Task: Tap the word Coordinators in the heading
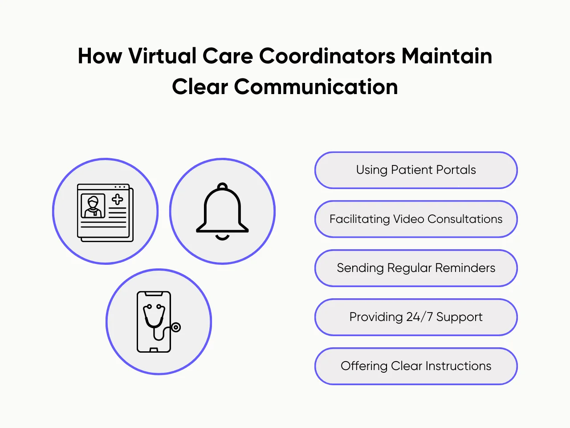[x=327, y=56]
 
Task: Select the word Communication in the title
[x=316, y=86]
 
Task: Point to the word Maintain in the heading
[x=447, y=56]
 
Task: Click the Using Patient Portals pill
[x=416, y=170]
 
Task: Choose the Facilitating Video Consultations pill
[x=416, y=219]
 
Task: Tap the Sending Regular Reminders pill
[x=416, y=268]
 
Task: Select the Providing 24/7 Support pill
[x=416, y=317]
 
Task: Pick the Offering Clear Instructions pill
[x=416, y=366]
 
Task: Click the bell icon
[x=222, y=210]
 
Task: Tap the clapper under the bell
[x=222, y=238]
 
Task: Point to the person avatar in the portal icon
[x=93, y=206]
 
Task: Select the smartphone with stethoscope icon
[x=154, y=322]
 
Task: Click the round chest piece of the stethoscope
[x=176, y=328]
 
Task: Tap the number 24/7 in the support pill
[x=419, y=317]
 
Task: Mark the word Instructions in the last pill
[x=458, y=366]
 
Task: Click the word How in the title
[x=100, y=56]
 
